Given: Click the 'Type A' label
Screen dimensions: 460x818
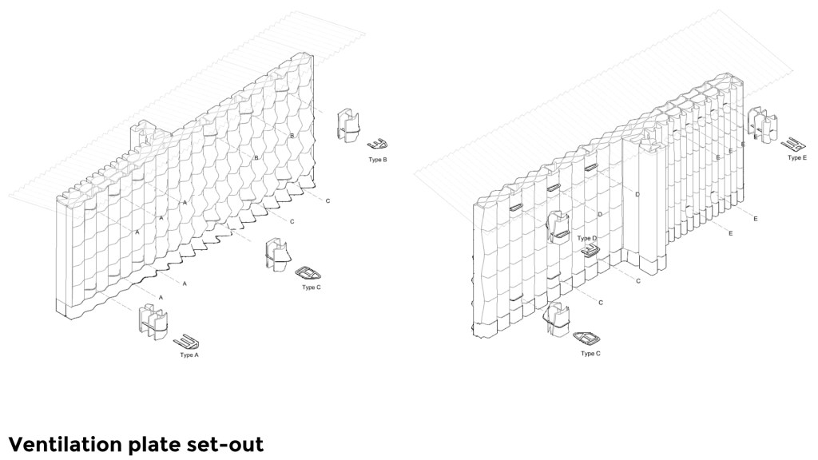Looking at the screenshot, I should click(x=189, y=355).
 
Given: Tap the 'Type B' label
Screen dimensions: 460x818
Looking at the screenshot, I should click(x=378, y=160).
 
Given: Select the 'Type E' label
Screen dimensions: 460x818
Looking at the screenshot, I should click(x=796, y=158).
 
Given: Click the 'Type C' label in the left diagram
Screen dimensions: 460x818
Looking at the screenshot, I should click(x=311, y=287).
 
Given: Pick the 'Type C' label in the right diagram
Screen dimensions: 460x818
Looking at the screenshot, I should click(x=590, y=353).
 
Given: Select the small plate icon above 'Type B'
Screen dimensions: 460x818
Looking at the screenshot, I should click(x=378, y=145).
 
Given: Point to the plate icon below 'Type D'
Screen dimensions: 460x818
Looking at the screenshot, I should click(x=590, y=251).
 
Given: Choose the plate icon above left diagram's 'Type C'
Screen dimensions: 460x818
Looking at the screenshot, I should click(x=307, y=273).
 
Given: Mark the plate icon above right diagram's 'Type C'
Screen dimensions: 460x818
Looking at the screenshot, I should click(x=586, y=338).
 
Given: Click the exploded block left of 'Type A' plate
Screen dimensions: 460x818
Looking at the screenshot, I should click(x=153, y=319).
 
